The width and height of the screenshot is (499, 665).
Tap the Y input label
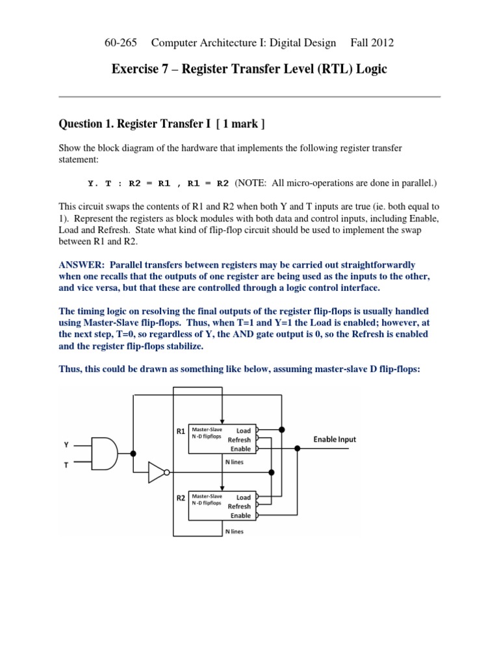click(66, 445)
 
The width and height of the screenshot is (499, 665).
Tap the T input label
click(66, 466)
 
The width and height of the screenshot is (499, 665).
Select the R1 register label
click(181, 431)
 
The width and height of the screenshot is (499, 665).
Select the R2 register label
click(181, 499)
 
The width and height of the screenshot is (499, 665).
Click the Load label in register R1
click(243, 430)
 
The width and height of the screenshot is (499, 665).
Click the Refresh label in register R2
click(239, 507)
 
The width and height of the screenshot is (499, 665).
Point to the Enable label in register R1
click(240, 449)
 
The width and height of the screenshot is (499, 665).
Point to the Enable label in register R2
click(240, 516)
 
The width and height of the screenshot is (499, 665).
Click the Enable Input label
click(335, 440)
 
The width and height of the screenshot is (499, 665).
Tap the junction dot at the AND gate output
click(133, 453)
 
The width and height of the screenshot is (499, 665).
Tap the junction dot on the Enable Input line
click(298, 448)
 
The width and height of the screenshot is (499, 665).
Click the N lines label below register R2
click(234, 531)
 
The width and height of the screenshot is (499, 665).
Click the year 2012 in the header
click(383, 44)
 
